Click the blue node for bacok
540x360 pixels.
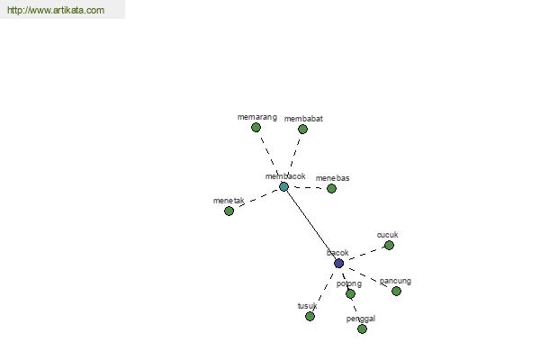point(339,263)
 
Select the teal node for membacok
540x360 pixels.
point(283,186)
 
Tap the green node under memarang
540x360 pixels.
point(256,128)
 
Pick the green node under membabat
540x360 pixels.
point(302,130)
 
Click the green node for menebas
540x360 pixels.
point(331,188)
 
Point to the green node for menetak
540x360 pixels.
point(229,211)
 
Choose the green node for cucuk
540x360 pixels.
point(389,246)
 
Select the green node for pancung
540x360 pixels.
point(396,291)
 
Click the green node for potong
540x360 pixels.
point(350,294)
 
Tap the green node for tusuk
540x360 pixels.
point(310,316)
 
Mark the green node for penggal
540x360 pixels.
point(362,329)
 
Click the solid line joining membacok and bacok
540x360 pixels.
point(311,225)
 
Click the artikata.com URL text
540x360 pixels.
point(56,10)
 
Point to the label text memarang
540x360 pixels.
point(257,117)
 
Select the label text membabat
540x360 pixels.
point(303,119)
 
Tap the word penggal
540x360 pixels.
point(361,319)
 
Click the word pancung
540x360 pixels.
point(395,281)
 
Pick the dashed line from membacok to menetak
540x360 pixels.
point(258,198)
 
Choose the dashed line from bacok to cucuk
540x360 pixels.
point(365,254)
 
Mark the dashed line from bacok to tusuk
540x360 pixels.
point(323,292)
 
